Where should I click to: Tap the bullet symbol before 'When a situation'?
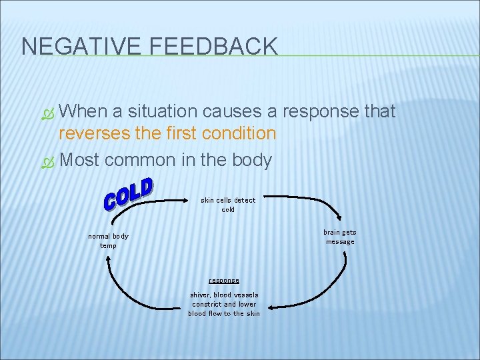tap(47, 111)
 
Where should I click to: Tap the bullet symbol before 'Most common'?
tap(47, 161)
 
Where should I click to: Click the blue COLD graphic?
tap(129, 193)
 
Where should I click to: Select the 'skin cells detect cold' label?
tap(228, 205)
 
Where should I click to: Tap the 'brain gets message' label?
tap(340, 237)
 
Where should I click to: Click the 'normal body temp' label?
tap(108, 241)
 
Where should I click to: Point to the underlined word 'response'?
tap(224, 281)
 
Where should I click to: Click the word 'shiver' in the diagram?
tap(200, 295)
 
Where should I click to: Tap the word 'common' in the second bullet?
tap(137, 161)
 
